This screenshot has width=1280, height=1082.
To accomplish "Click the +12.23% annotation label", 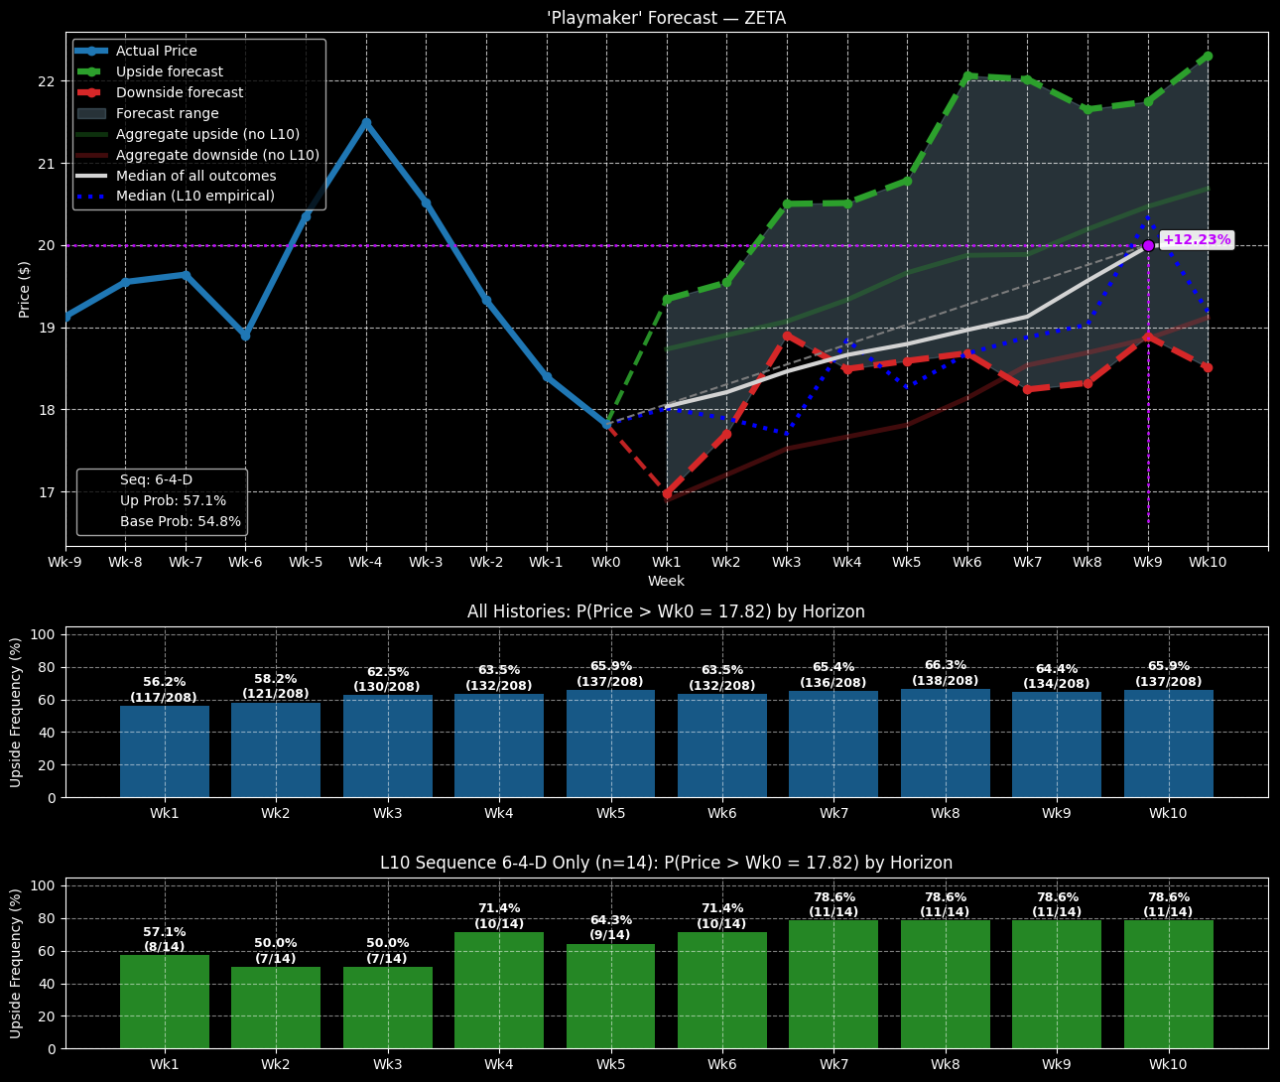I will (x=1197, y=240).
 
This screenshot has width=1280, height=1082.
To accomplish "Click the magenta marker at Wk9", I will (x=1148, y=245).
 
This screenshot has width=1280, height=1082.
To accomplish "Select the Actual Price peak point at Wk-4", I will (x=366, y=122).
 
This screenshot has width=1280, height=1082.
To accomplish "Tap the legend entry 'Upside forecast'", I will (x=169, y=71).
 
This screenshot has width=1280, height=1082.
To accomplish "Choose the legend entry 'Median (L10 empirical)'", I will (x=194, y=196).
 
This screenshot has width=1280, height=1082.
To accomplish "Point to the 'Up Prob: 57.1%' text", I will (x=173, y=500).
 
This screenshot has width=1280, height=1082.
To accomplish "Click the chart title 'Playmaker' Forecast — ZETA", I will (x=666, y=18).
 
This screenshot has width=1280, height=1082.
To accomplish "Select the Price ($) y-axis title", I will (x=25, y=289).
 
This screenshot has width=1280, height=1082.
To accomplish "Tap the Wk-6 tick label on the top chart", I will (x=245, y=562).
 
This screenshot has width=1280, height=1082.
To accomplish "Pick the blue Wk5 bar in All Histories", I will (x=610, y=744).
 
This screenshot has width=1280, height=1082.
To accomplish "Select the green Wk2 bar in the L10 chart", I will (x=276, y=1008).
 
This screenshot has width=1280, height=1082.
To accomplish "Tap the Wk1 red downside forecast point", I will (x=667, y=493).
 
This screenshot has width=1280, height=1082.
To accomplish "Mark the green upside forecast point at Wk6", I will (x=967, y=75).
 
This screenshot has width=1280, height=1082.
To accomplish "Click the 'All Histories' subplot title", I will (x=666, y=611).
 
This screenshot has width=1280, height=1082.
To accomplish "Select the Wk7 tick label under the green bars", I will (x=833, y=1064).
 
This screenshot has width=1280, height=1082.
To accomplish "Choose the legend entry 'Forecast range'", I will (x=167, y=113).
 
